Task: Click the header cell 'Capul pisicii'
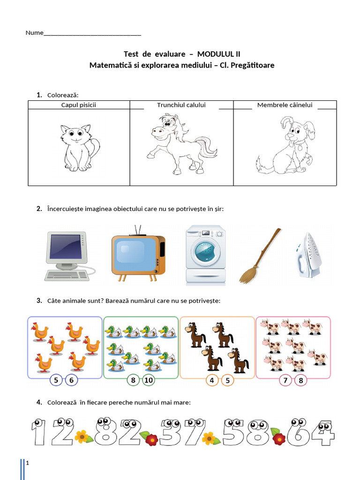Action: pyautogui.click(x=79, y=105)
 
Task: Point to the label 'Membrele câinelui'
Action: pyautogui.click(x=285, y=105)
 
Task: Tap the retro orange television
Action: pyautogui.click(x=137, y=255)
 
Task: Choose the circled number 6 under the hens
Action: pyautogui.click(x=71, y=380)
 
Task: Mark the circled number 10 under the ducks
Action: pyautogui.click(x=148, y=380)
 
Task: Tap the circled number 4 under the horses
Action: pyautogui.click(x=212, y=380)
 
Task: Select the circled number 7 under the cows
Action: pyautogui.click(x=285, y=380)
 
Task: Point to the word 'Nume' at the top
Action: pyautogui.click(x=34, y=33)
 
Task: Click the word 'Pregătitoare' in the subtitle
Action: pyautogui.click(x=253, y=65)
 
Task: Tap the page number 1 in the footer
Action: pyautogui.click(x=28, y=464)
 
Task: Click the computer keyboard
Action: pyautogui.click(x=67, y=276)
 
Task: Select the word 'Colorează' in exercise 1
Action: pyautogui.click(x=62, y=95)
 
